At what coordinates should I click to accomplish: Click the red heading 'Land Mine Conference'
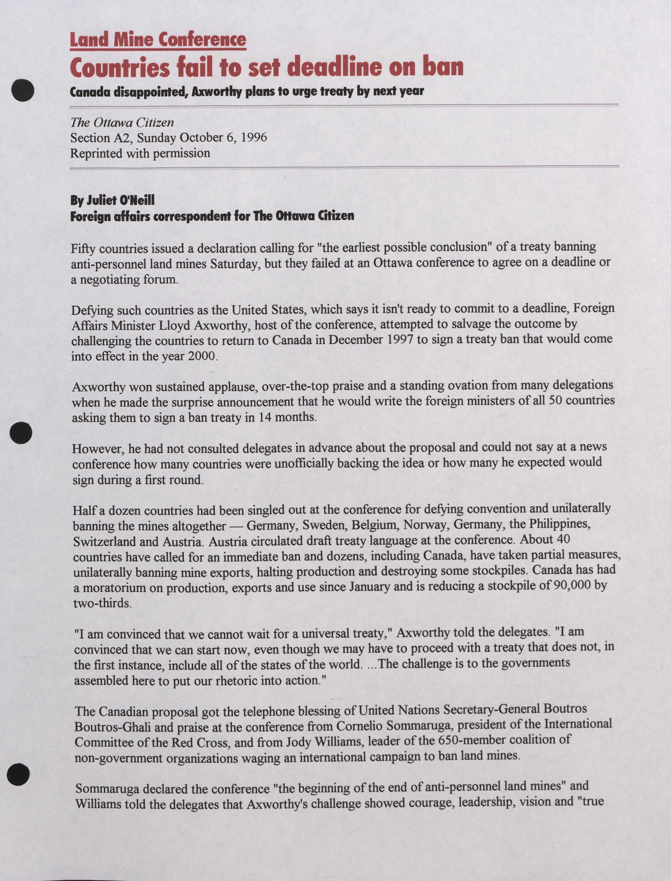[158, 40]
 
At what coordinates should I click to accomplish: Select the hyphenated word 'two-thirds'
[102, 602]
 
